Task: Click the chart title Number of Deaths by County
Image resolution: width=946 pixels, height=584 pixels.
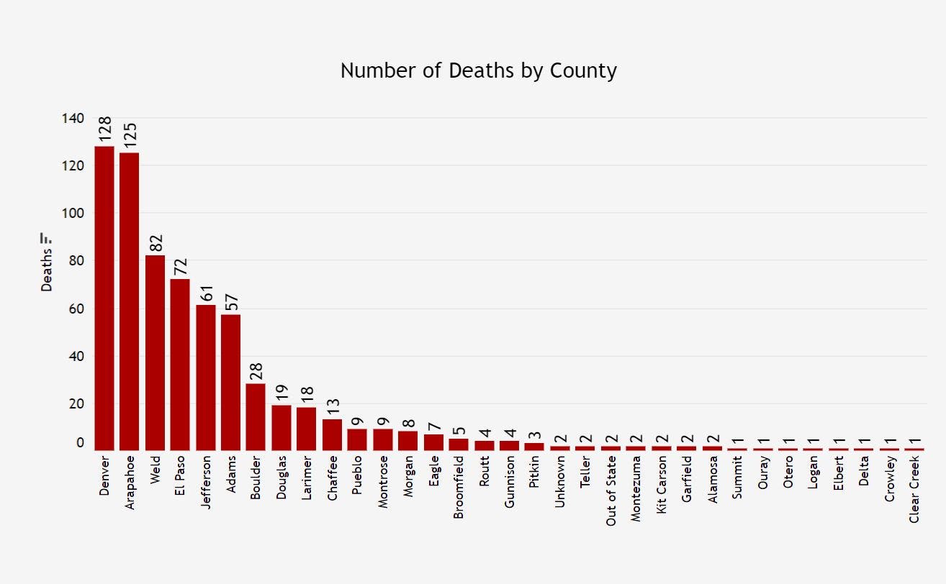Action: click(478, 71)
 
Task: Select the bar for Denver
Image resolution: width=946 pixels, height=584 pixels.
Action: click(104, 298)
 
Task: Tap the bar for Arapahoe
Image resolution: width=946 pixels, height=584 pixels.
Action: click(130, 301)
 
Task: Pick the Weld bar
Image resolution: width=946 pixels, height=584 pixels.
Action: click(155, 352)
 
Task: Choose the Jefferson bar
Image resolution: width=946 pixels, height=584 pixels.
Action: click(206, 378)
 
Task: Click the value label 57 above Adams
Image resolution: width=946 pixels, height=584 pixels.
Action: click(231, 301)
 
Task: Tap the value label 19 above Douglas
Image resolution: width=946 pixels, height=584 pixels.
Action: click(281, 393)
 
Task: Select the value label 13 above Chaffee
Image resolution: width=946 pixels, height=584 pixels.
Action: click(332, 406)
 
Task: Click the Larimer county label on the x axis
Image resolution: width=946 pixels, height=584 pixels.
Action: click(307, 477)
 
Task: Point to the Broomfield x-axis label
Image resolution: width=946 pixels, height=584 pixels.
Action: click(459, 487)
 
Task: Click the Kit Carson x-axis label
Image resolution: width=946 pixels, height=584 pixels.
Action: click(661, 486)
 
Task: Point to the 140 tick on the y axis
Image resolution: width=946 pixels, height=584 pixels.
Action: click(73, 118)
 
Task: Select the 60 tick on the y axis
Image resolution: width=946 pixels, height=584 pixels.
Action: click(76, 309)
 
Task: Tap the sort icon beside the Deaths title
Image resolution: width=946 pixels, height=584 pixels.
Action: click(46, 237)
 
